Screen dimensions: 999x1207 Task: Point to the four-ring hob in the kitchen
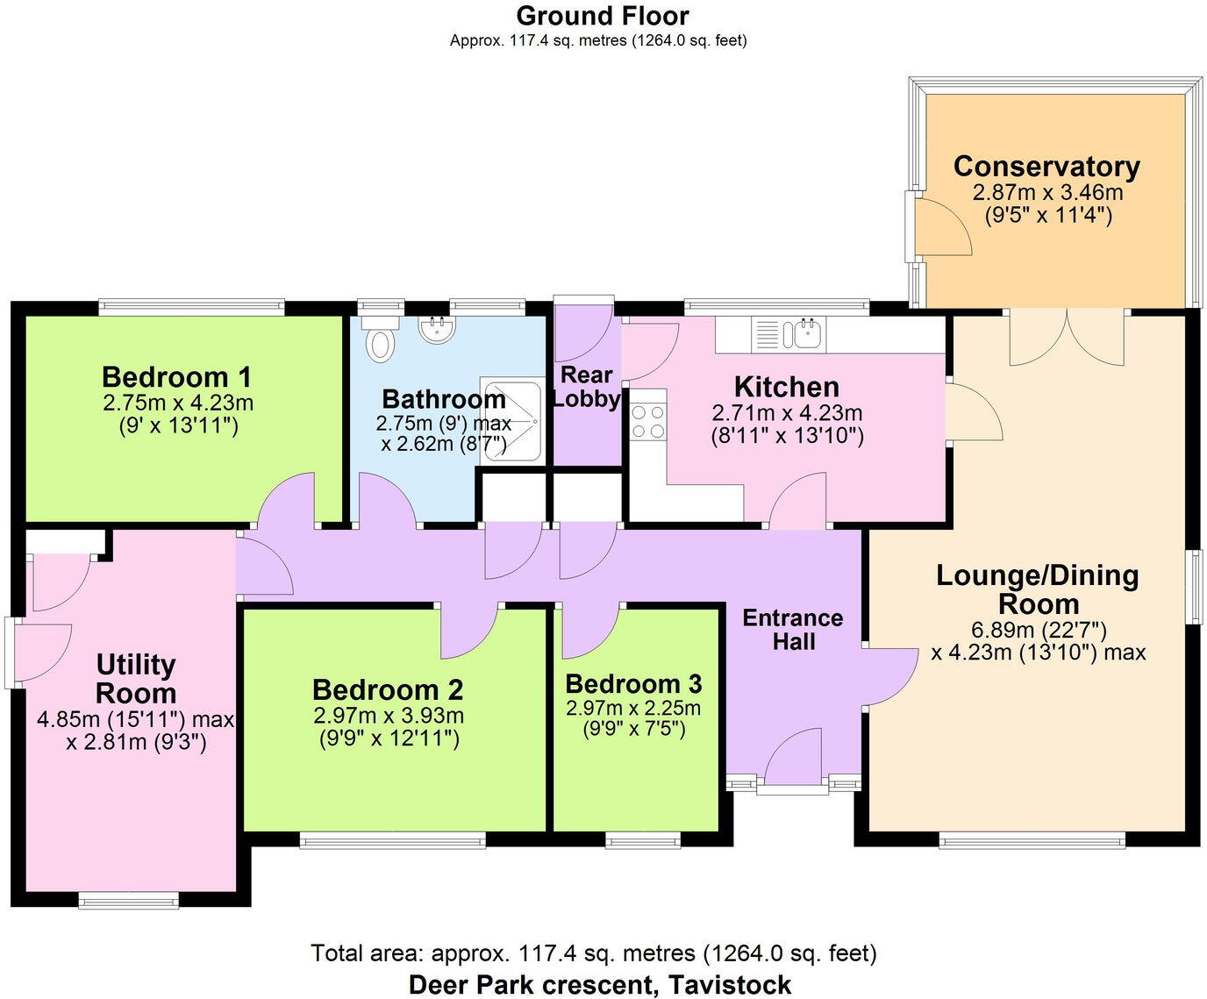648,421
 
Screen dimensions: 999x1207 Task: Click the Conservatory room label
1046,166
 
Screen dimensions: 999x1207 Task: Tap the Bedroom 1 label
176,377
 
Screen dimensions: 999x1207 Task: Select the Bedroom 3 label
633,684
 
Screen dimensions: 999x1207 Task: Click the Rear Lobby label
586,387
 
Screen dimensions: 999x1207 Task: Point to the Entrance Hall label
792,629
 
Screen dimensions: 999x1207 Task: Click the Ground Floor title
602,16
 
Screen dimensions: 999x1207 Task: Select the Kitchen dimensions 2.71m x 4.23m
787,413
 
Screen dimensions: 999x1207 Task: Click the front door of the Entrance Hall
794,760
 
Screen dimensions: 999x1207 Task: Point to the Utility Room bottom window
128,899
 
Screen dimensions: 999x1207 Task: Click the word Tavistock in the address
730,985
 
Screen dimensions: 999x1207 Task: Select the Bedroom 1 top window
191,306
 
